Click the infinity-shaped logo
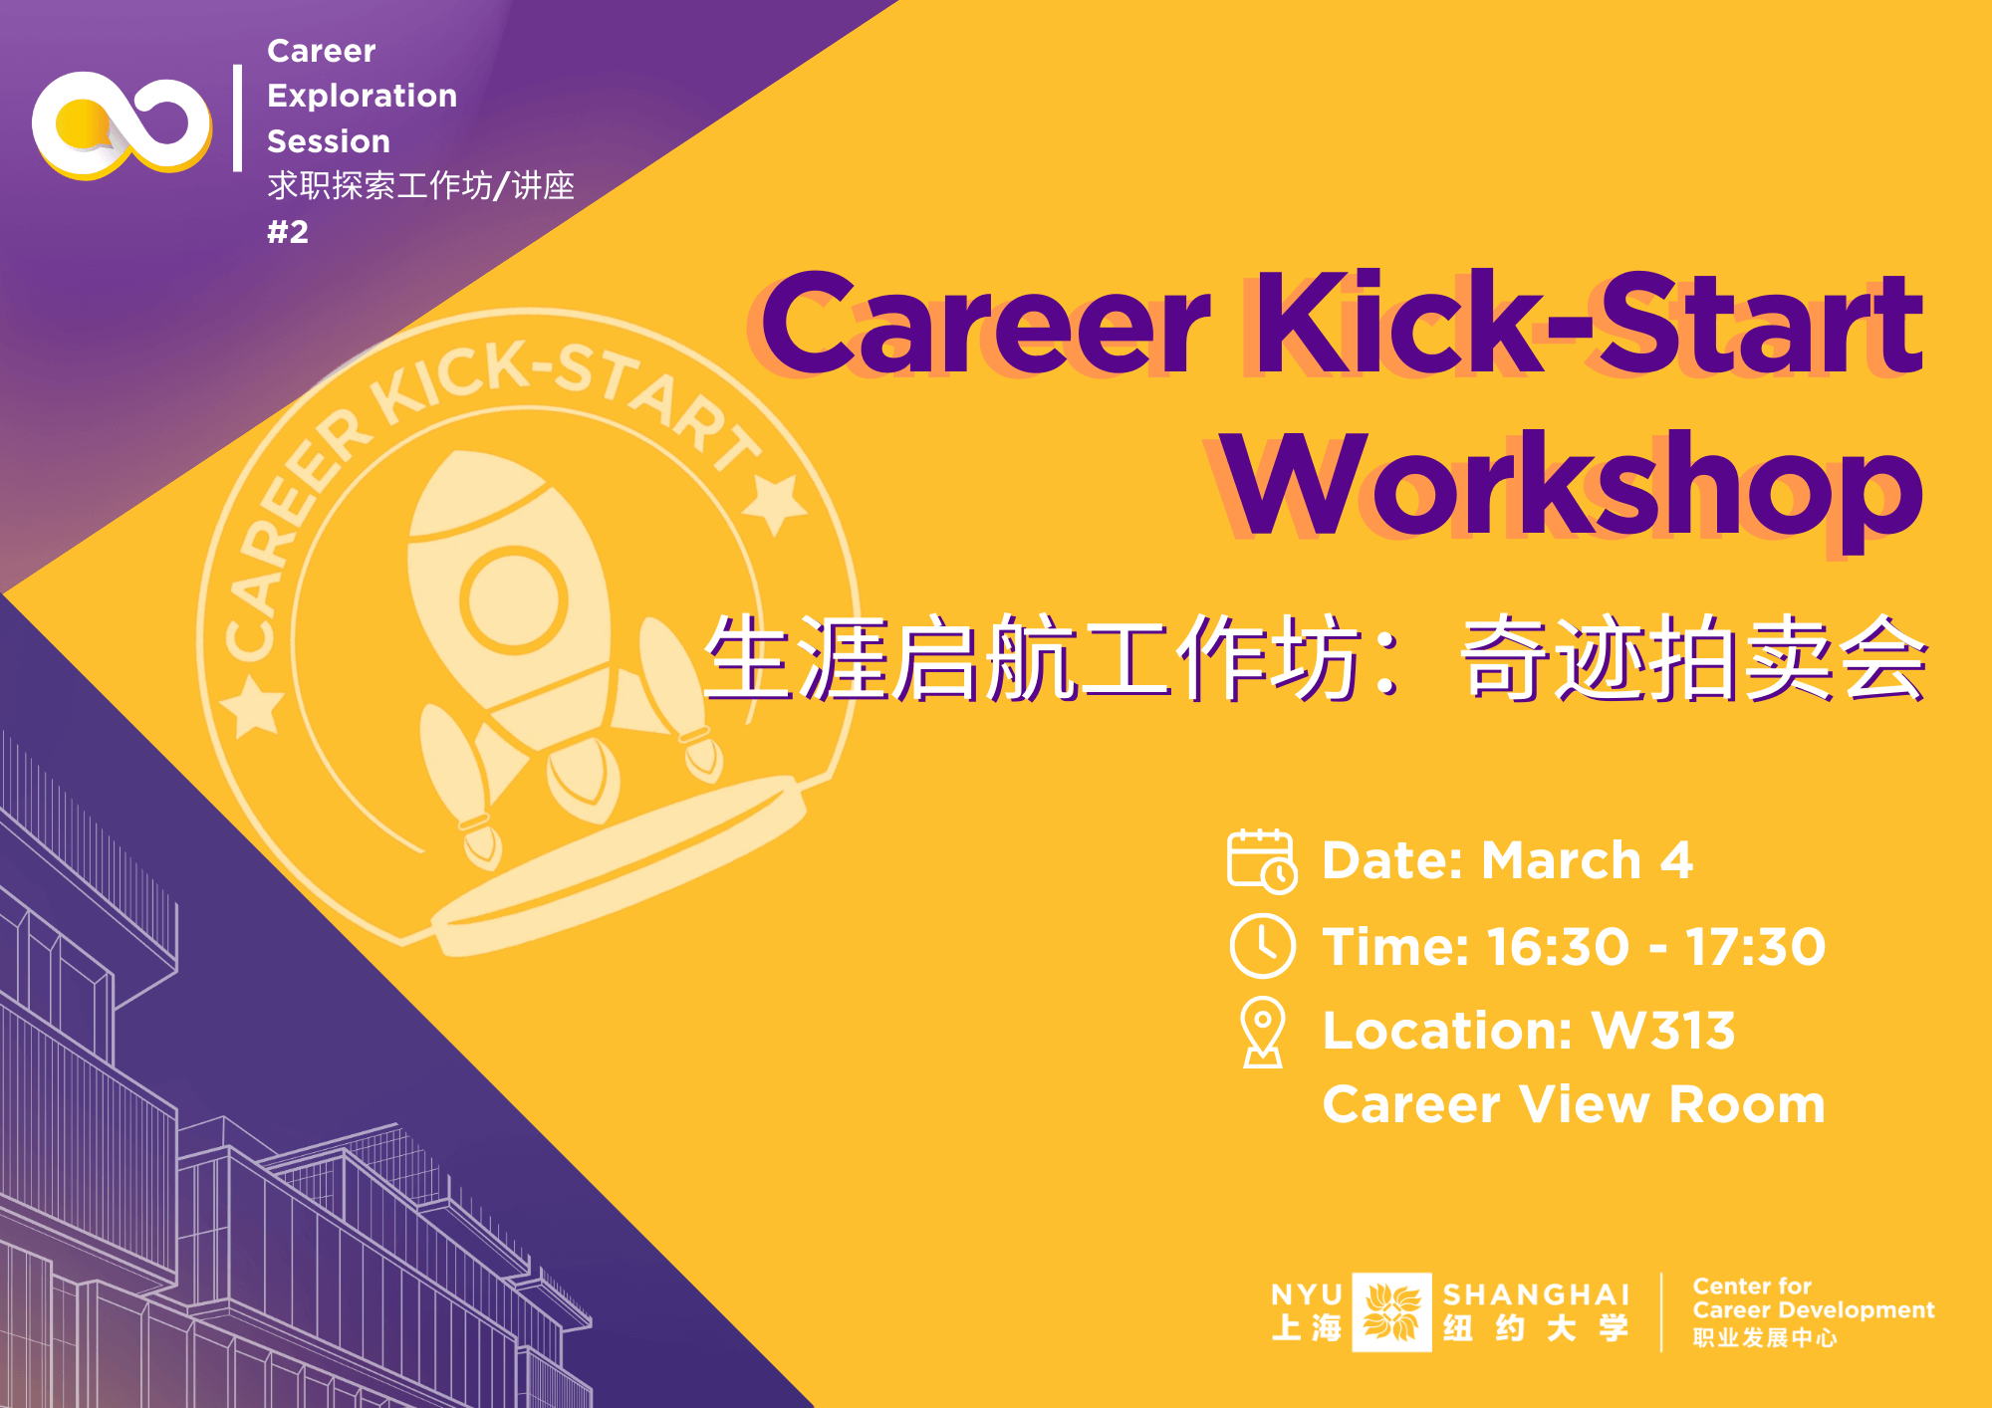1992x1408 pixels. pyautogui.click(x=122, y=124)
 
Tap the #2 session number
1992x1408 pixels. pyautogui.click(x=288, y=232)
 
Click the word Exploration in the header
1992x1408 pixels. pyautogui.click(x=363, y=96)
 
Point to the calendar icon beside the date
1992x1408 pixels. pyautogui.click(x=1262, y=861)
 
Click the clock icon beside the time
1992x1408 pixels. pyautogui.click(x=1263, y=946)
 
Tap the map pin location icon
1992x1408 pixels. pyautogui.click(x=1263, y=1033)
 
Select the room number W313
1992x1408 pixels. pyautogui.click(x=1663, y=1031)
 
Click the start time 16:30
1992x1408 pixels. pyautogui.click(x=1559, y=946)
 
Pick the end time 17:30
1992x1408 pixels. pyautogui.click(x=1755, y=946)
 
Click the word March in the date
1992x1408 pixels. pyautogui.click(x=1561, y=860)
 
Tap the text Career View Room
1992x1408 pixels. pyautogui.click(x=1574, y=1104)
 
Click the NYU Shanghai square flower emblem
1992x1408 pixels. pyautogui.click(x=1391, y=1311)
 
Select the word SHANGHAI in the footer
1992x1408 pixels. pyautogui.click(x=1536, y=1294)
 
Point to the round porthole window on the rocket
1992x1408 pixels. pyautogui.click(x=513, y=599)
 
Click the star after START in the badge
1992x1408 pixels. pyautogui.click(x=775, y=503)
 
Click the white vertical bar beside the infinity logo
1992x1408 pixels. pyautogui.click(x=237, y=118)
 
